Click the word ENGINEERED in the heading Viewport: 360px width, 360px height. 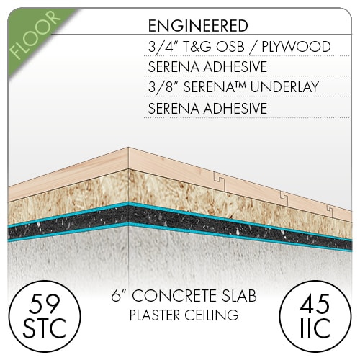[198, 26]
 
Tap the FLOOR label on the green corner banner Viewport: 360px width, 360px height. [35, 35]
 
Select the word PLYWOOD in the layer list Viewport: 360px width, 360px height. [296, 47]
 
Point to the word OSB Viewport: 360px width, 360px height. [230, 47]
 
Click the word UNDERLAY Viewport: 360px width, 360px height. [284, 87]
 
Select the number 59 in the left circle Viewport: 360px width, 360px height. [45, 304]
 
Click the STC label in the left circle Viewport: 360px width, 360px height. [45, 328]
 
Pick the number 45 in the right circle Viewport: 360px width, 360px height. [315, 304]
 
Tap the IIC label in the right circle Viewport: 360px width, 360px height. [315, 328]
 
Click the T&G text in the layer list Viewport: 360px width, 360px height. [196, 47]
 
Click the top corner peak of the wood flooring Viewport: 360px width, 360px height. [128, 147]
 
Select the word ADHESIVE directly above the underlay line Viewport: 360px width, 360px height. [235, 67]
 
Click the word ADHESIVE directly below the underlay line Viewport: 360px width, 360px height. [235, 109]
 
